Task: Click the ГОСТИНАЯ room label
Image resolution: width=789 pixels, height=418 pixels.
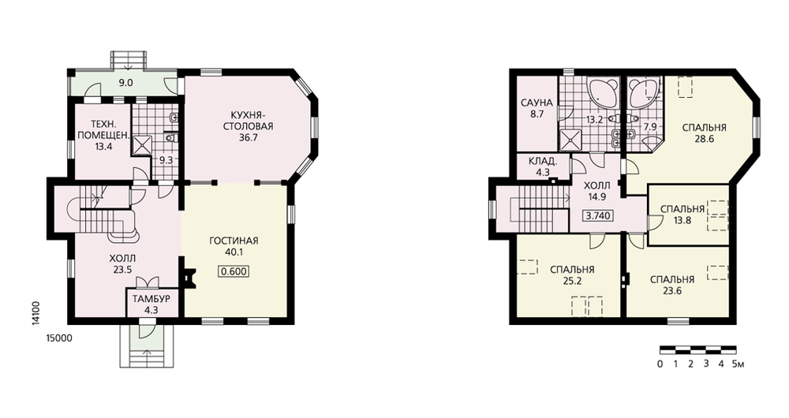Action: (x=234, y=241)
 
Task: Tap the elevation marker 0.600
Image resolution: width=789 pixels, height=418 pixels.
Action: (x=234, y=271)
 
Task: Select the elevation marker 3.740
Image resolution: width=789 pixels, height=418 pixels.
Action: (x=598, y=216)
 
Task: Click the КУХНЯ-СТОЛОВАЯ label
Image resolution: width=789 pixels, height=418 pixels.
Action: (x=248, y=121)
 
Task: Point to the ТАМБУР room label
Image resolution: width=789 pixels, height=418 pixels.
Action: (x=151, y=299)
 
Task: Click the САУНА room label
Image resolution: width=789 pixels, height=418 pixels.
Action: (x=537, y=103)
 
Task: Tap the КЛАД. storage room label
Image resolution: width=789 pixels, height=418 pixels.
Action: (x=543, y=162)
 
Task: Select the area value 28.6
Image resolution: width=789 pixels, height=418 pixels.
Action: (x=704, y=140)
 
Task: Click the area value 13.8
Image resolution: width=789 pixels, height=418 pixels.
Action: (x=682, y=220)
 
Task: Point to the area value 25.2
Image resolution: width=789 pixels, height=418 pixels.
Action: (x=572, y=282)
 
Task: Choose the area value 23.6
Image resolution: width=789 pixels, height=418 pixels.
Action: (x=671, y=290)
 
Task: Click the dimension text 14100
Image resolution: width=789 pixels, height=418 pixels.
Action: (x=36, y=314)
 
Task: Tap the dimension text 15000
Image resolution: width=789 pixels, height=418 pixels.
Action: (x=59, y=338)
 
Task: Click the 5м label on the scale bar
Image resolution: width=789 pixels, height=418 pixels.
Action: (x=738, y=364)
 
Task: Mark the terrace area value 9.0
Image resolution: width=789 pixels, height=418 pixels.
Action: (x=125, y=83)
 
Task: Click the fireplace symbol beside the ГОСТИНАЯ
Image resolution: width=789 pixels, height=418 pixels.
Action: (x=189, y=278)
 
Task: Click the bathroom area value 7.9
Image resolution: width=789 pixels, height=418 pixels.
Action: (x=650, y=127)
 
